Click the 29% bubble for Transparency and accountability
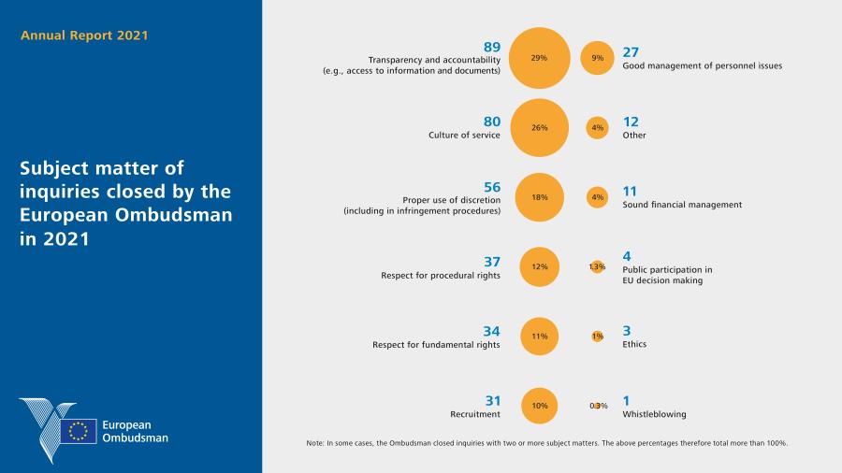pyautogui.click(x=539, y=58)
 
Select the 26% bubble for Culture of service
pyautogui.click(x=539, y=127)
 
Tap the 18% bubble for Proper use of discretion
pyautogui.click(x=539, y=197)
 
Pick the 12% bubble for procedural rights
pyautogui.click(x=539, y=266)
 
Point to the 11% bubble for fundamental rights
pyautogui.click(x=539, y=336)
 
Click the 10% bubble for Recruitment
pyautogui.click(x=539, y=406)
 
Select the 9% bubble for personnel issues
pyautogui.click(x=597, y=58)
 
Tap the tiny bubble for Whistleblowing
pyautogui.click(x=598, y=406)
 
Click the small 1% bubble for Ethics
pyautogui.click(x=597, y=336)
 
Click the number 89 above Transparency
pyautogui.click(x=491, y=47)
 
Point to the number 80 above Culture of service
pyautogui.click(x=491, y=121)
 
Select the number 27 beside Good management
pyautogui.click(x=631, y=52)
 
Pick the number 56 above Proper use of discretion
pyautogui.click(x=491, y=186)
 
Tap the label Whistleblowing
pyautogui.click(x=654, y=414)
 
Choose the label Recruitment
pyautogui.click(x=475, y=414)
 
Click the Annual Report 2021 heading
pyautogui.click(x=85, y=36)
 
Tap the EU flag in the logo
pyautogui.click(x=79, y=430)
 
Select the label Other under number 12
pyautogui.click(x=634, y=135)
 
